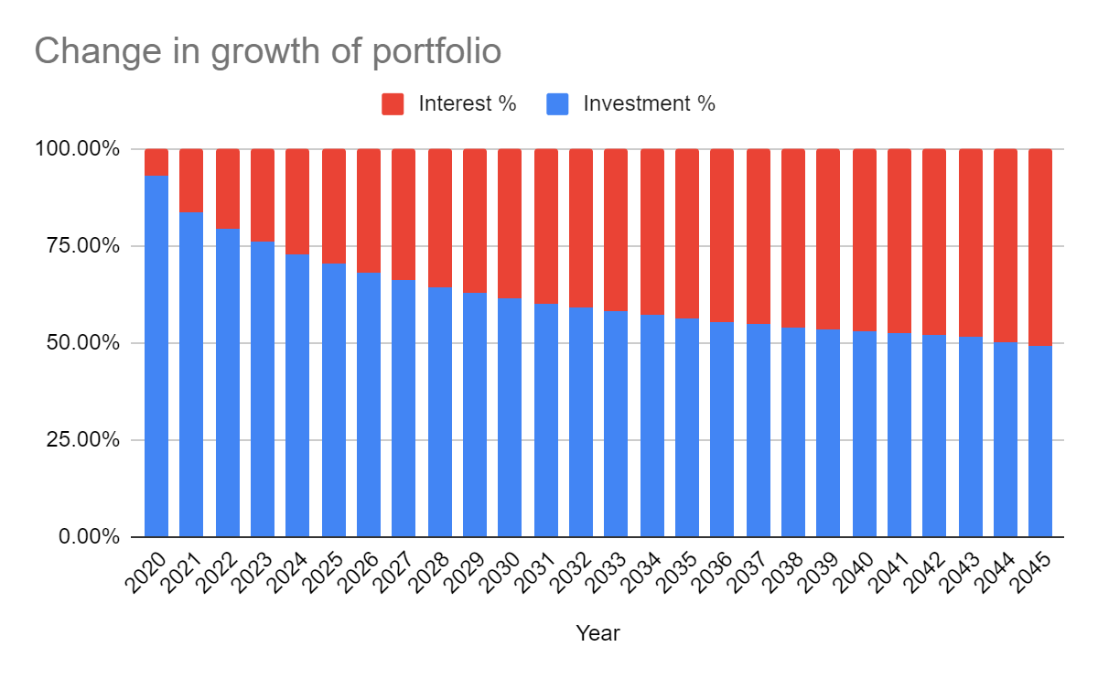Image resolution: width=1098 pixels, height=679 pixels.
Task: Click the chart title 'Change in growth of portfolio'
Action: click(267, 52)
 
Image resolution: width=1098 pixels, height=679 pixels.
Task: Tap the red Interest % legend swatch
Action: click(393, 104)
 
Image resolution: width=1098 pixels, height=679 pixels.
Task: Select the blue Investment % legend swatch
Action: click(557, 104)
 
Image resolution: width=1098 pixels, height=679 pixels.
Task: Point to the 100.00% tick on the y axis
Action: click(77, 148)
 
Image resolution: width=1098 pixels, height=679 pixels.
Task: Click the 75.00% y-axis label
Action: click(83, 245)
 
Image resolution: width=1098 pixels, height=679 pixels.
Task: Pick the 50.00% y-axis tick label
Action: click(83, 342)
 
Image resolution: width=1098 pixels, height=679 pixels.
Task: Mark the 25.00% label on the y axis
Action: click(83, 440)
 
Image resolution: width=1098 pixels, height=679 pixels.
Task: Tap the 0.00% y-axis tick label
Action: click(89, 537)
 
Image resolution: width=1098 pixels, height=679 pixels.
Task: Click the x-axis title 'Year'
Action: click(597, 633)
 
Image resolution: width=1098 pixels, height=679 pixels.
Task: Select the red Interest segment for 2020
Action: click(156, 162)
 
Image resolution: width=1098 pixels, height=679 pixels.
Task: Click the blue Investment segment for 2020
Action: click(156, 356)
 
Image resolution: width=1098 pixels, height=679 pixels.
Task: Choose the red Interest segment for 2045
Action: click(1040, 248)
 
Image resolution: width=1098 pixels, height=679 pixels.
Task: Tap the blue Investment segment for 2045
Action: click(1040, 441)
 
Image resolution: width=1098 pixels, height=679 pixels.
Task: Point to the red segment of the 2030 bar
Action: click(510, 223)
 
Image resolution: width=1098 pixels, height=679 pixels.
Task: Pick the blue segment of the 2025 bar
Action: click(334, 400)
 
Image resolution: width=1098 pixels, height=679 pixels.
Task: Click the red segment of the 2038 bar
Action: click(793, 238)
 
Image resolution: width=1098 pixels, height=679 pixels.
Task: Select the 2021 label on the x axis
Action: click(182, 573)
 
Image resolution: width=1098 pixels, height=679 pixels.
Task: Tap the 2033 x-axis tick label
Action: click(607, 573)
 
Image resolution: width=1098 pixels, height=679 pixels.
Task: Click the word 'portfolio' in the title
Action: click(436, 52)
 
